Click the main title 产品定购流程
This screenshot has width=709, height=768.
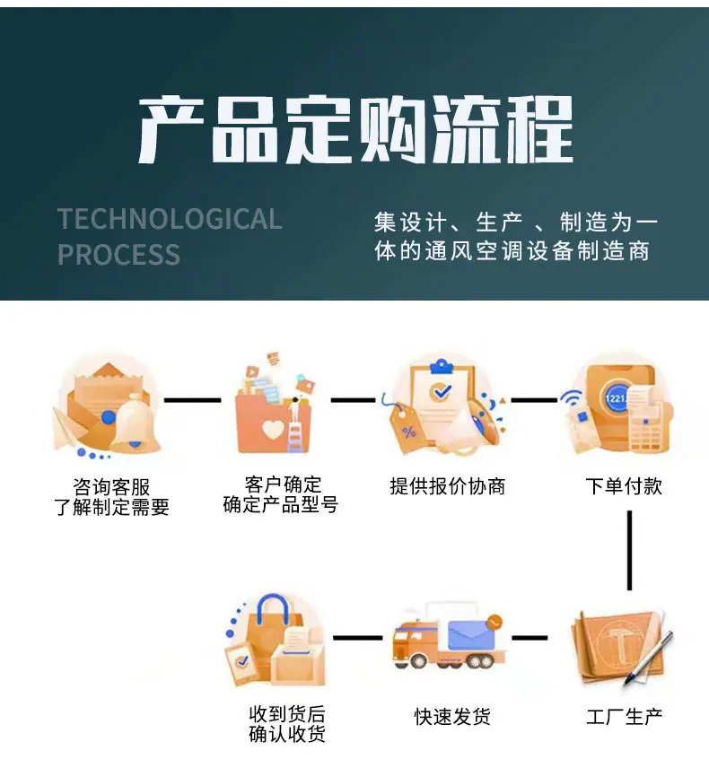click(x=355, y=130)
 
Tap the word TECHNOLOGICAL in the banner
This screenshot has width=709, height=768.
click(x=170, y=218)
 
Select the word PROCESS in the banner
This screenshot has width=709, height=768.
click(x=119, y=254)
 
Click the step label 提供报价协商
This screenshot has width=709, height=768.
click(x=447, y=486)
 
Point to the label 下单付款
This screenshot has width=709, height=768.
click(x=624, y=486)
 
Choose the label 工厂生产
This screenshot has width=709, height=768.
click(x=625, y=717)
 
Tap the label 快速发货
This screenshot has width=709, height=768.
click(x=452, y=717)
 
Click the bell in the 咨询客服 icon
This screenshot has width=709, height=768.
click(x=135, y=423)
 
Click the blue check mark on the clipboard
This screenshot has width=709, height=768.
click(x=440, y=391)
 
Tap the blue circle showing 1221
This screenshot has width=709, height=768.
click(x=615, y=397)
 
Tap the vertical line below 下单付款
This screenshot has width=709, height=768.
click(x=629, y=551)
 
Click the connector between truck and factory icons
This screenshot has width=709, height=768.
click(x=530, y=638)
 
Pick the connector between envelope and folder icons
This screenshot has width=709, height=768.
click(x=193, y=400)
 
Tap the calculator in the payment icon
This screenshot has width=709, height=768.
click(x=649, y=430)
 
